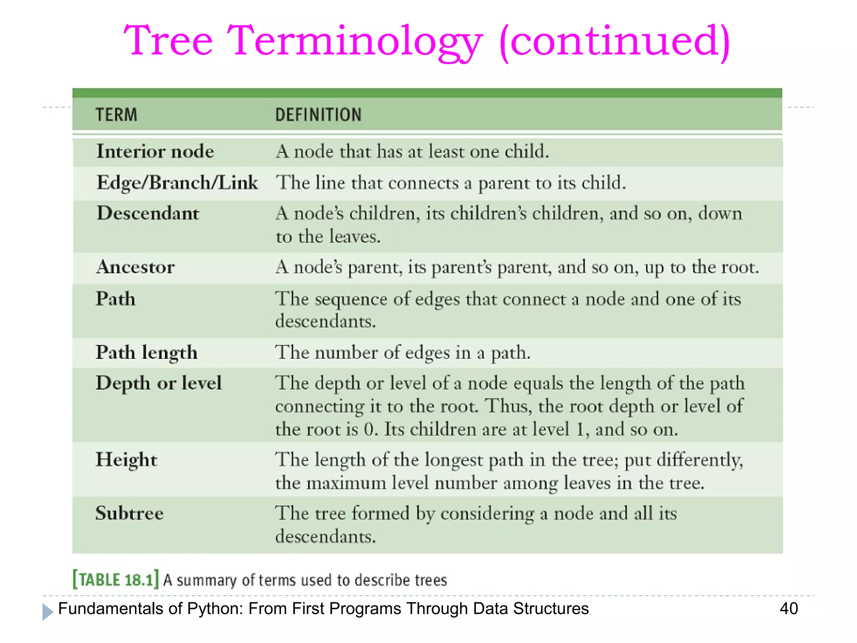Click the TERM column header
tap(116, 115)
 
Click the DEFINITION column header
tap(318, 115)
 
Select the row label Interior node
tap(155, 151)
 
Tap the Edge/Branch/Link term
tap(177, 183)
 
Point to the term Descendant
tap(148, 213)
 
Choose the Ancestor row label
tap(135, 267)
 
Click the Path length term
tap(146, 352)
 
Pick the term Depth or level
tap(158, 383)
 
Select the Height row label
tap(126, 460)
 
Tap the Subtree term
tap(129, 513)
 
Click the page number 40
tap(788, 608)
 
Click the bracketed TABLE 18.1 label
tap(115, 580)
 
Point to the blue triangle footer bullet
tap(48, 612)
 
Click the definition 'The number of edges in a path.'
tap(403, 352)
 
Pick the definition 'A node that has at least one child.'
tap(412, 151)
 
